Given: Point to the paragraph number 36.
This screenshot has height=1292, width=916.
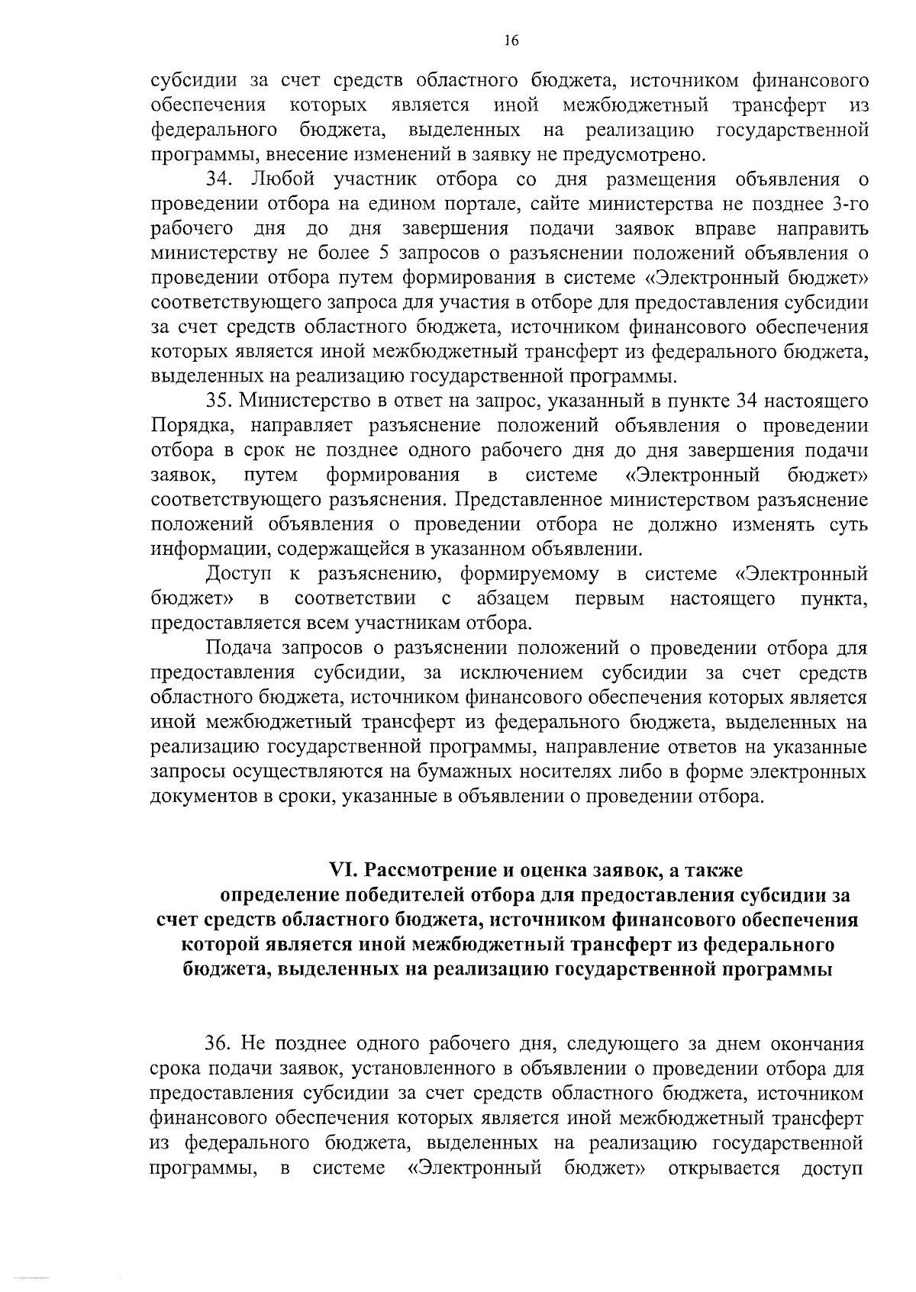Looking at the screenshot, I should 218,1043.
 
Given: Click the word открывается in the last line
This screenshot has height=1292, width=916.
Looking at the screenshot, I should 723,1168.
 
